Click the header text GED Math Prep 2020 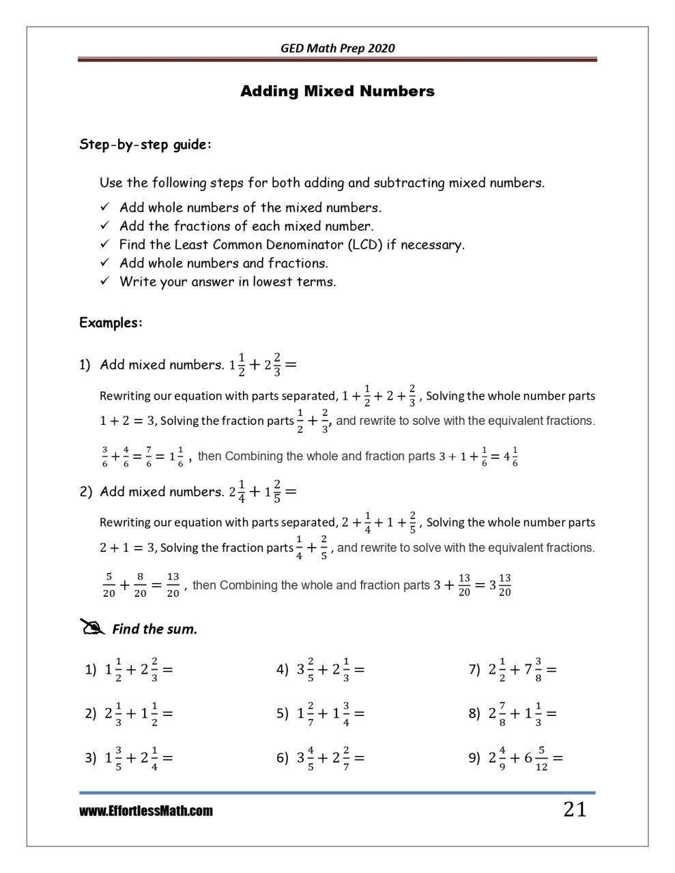point(337,48)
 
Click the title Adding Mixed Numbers point(337,91)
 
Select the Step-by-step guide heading point(145,145)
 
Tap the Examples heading point(111,323)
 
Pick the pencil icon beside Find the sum point(93,627)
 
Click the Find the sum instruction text point(154,629)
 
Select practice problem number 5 point(320,713)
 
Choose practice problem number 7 point(513,670)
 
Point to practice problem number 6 point(320,758)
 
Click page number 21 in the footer point(574,810)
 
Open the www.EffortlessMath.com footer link point(145,811)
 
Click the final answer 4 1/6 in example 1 point(510,456)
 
